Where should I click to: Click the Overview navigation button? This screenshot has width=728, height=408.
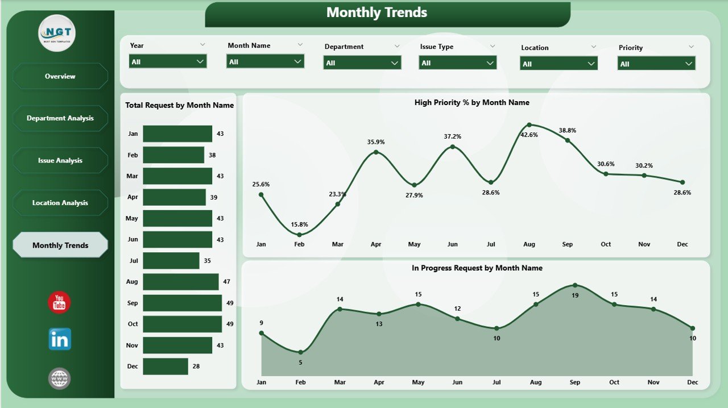[60, 76]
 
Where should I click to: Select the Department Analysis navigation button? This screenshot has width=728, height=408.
[60, 118]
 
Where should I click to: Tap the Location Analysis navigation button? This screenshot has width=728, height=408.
[60, 203]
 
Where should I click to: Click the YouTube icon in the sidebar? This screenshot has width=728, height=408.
[59, 302]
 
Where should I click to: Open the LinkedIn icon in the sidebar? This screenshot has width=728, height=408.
[60, 339]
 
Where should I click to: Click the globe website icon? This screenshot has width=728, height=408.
[60, 378]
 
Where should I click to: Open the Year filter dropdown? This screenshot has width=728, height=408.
[168, 61]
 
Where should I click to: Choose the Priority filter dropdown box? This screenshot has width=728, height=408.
[656, 64]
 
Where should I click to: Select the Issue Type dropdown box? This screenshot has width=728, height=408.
[458, 63]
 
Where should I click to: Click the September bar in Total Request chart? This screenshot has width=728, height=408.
[182, 303]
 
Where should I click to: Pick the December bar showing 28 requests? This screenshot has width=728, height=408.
[166, 367]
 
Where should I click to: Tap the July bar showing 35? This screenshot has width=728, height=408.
[171, 261]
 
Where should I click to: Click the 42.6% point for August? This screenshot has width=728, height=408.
[529, 124]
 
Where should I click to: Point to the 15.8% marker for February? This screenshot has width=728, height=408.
[299, 234]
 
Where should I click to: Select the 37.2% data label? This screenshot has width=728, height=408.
[453, 136]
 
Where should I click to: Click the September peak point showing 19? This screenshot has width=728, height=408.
[575, 285]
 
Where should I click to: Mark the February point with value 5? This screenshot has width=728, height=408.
[300, 352]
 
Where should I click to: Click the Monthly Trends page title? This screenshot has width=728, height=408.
[377, 13]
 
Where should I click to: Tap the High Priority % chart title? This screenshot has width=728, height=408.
[471, 103]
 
